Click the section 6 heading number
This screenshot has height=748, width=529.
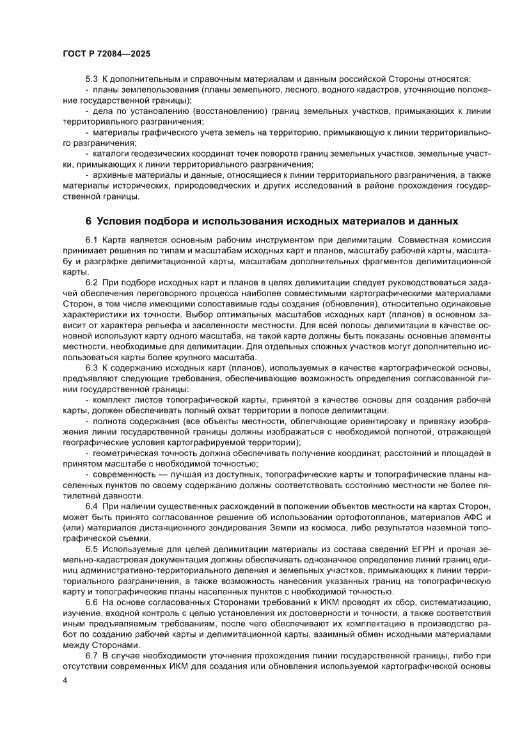click(89, 221)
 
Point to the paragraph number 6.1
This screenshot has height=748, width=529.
click(91, 239)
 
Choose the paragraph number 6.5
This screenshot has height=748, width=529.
click(91, 548)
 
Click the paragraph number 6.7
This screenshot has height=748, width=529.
click(91, 656)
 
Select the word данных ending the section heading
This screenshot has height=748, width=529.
click(437, 221)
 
